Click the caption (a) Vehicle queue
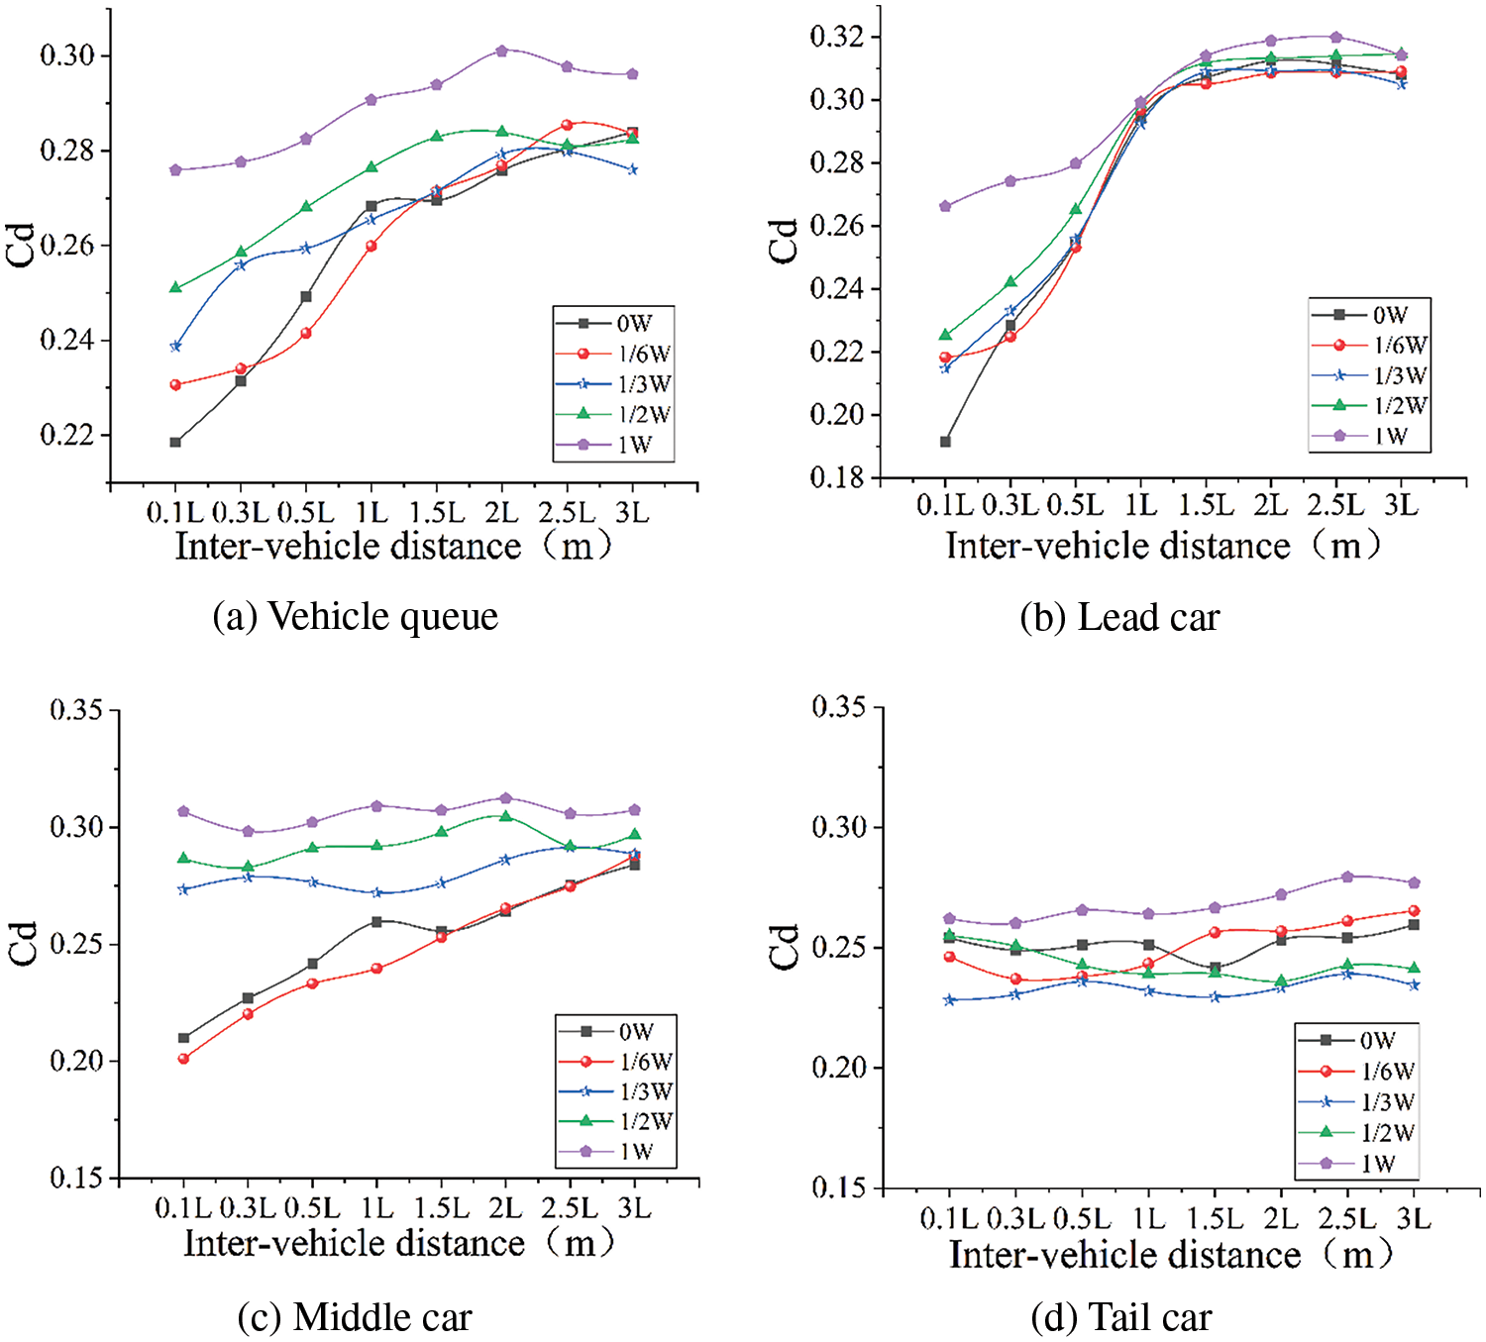click(355, 616)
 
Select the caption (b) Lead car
click(1119, 617)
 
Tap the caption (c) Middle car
click(355, 1316)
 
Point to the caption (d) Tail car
click(1120, 1317)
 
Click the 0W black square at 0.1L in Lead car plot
click(945, 442)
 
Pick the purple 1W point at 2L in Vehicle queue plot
click(501, 51)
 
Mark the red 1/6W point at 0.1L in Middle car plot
click(183, 1059)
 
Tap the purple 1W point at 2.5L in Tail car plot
click(1347, 877)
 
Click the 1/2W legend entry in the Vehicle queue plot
click(614, 414)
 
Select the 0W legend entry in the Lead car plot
click(1370, 315)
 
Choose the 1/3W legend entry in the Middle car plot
click(616, 1091)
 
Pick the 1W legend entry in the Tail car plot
click(1357, 1163)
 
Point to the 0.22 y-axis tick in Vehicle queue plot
click(67, 435)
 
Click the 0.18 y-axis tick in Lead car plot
click(837, 477)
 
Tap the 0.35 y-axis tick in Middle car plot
click(76, 710)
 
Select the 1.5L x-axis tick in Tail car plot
click(1215, 1218)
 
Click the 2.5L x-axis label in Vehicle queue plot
click(567, 512)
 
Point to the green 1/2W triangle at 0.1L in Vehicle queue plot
click(175, 287)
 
